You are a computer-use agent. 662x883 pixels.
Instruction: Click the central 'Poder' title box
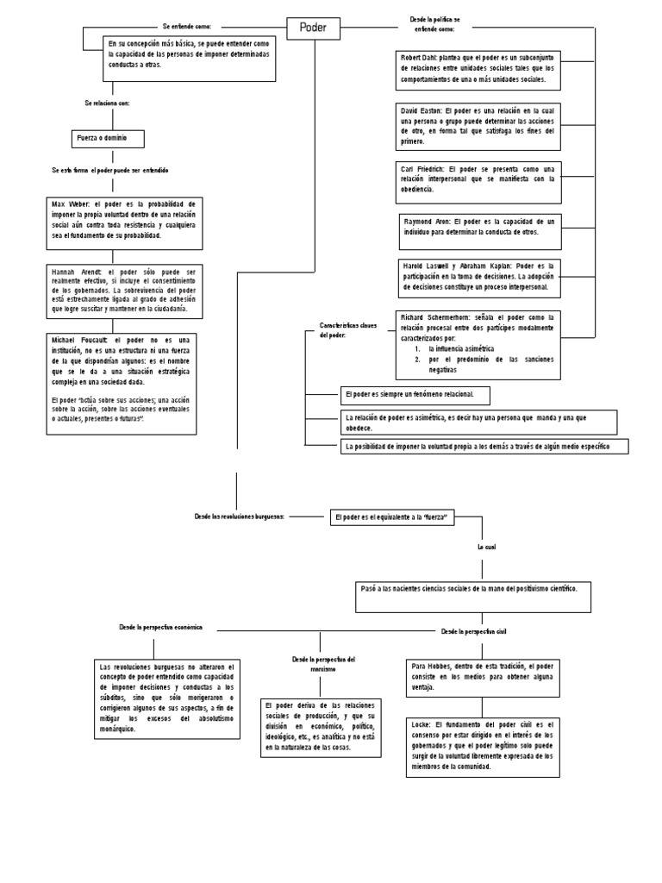coord(313,28)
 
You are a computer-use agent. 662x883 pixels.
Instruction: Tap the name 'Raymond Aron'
coord(426,222)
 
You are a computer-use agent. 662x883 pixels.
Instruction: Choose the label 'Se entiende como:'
coord(186,27)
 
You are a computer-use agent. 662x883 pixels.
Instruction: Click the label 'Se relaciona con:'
coord(107,103)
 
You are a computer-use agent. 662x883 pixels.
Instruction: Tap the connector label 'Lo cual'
coord(488,547)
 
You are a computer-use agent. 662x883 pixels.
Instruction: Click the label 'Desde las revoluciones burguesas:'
coord(240,516)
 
